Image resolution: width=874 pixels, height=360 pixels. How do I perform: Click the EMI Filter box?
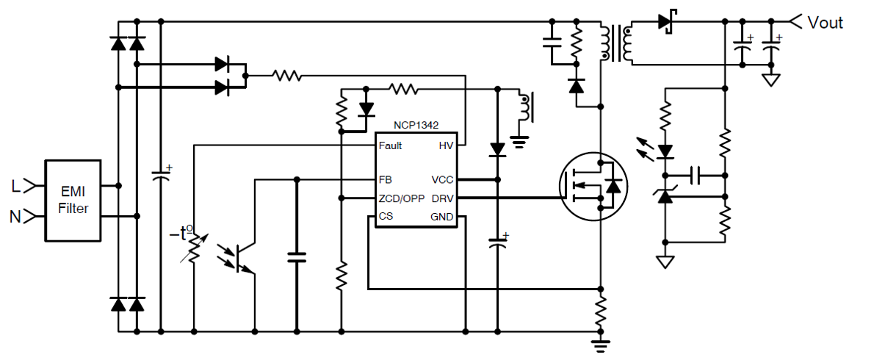tap(73, 201)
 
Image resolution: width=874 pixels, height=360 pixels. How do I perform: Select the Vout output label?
tap(825, 22)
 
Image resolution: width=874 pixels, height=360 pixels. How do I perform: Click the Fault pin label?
tap(390, 146)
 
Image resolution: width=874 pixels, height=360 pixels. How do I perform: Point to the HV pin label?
tap(446, 146)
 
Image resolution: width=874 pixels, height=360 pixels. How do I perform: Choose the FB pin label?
tap(385, 180)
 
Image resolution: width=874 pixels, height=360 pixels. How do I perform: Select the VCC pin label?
tap(443, 180)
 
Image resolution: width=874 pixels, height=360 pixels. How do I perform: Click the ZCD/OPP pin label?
tap(400, 198)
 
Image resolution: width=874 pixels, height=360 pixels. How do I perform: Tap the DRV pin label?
tap(443, 198)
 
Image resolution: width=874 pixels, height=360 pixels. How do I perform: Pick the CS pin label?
tap(385, 216)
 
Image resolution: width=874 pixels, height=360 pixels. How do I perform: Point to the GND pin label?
tap(442, 217)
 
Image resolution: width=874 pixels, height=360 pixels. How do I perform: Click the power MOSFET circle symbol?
tap(594, 186)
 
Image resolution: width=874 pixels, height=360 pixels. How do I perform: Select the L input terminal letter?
tap(16, 187)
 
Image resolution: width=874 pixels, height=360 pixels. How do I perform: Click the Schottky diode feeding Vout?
tap(666, 22)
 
